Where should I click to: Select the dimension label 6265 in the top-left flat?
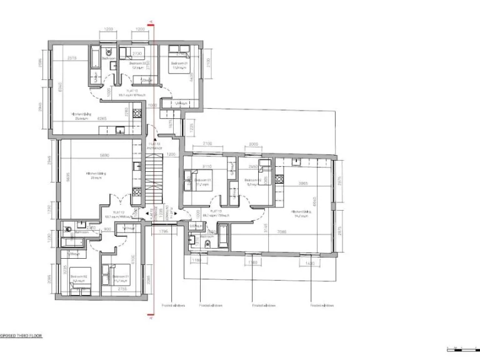[103, 117]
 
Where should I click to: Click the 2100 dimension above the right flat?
[207, 144]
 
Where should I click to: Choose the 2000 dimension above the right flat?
[253, 144]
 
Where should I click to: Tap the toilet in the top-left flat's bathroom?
[108, 52]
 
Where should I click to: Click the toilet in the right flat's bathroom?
[192, 238]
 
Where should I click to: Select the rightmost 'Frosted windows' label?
[322, 306]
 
